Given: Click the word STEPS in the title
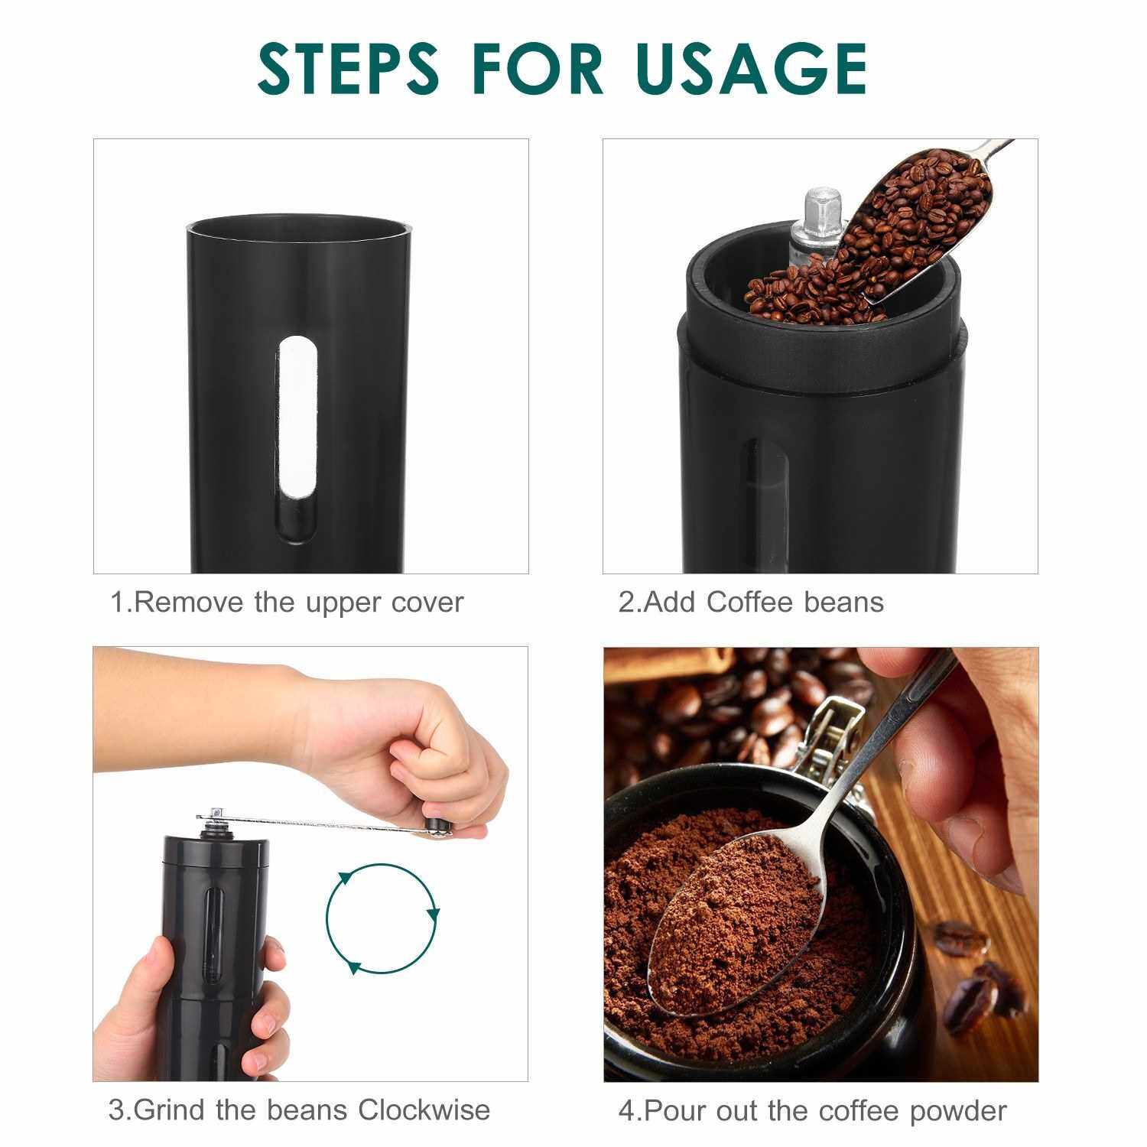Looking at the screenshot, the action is coord(348,68).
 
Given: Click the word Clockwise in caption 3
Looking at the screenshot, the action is coord(424,1110).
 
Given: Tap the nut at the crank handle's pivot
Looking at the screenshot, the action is coord(213,819).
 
